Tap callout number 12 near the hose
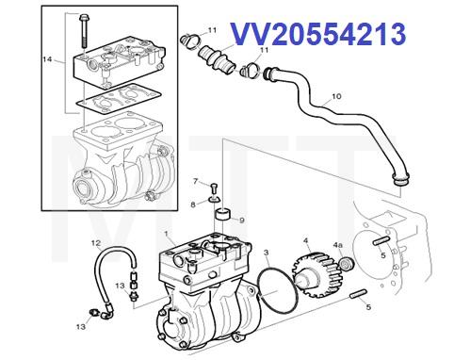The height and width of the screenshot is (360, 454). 96,244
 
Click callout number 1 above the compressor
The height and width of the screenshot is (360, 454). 167,234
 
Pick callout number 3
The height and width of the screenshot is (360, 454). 268,253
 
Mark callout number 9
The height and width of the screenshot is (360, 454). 242,221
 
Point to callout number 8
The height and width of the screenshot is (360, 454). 193,203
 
